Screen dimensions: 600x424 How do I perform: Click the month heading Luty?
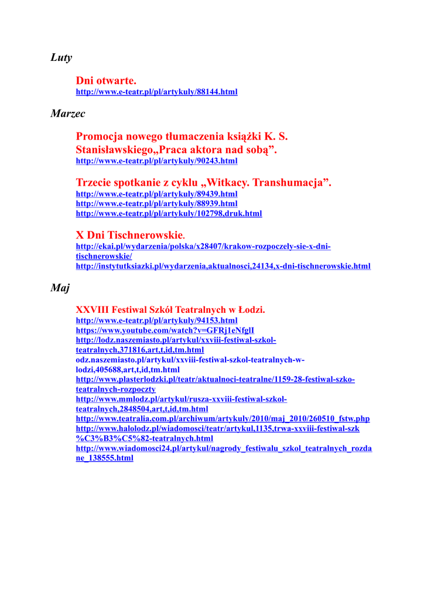pyautogui.click(x=61, y=57)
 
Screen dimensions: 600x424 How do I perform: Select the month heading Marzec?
pyautogui.click(x=68, y=113)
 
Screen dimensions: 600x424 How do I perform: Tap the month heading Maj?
pyautogui.click(x=60, y=288)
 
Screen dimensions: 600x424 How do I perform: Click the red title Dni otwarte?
pyautogui.click(x=106, y=80)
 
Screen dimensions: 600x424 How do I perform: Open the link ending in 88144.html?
pyautogui.click(x=156, y=92)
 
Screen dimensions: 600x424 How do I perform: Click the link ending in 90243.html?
pyautogui.click(x=156, y=161)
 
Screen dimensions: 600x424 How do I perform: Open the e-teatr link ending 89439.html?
pyautogui.click(x=156, y=194)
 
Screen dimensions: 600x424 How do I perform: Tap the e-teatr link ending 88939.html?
pyautogui.click(x=156, y=203)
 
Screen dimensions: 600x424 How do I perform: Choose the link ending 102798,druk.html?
pyautogui.click(x=169, y=213)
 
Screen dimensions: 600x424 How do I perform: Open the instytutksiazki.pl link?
pyautogui.click(x=223, y=266)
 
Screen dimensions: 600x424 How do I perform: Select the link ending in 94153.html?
pyautogui.click(x=156, y=321)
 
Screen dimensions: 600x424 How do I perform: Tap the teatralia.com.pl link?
pyautogui.click(x=223, y=418)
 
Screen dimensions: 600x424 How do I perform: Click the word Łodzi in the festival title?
pyautogui.click(x=252, y=309)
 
